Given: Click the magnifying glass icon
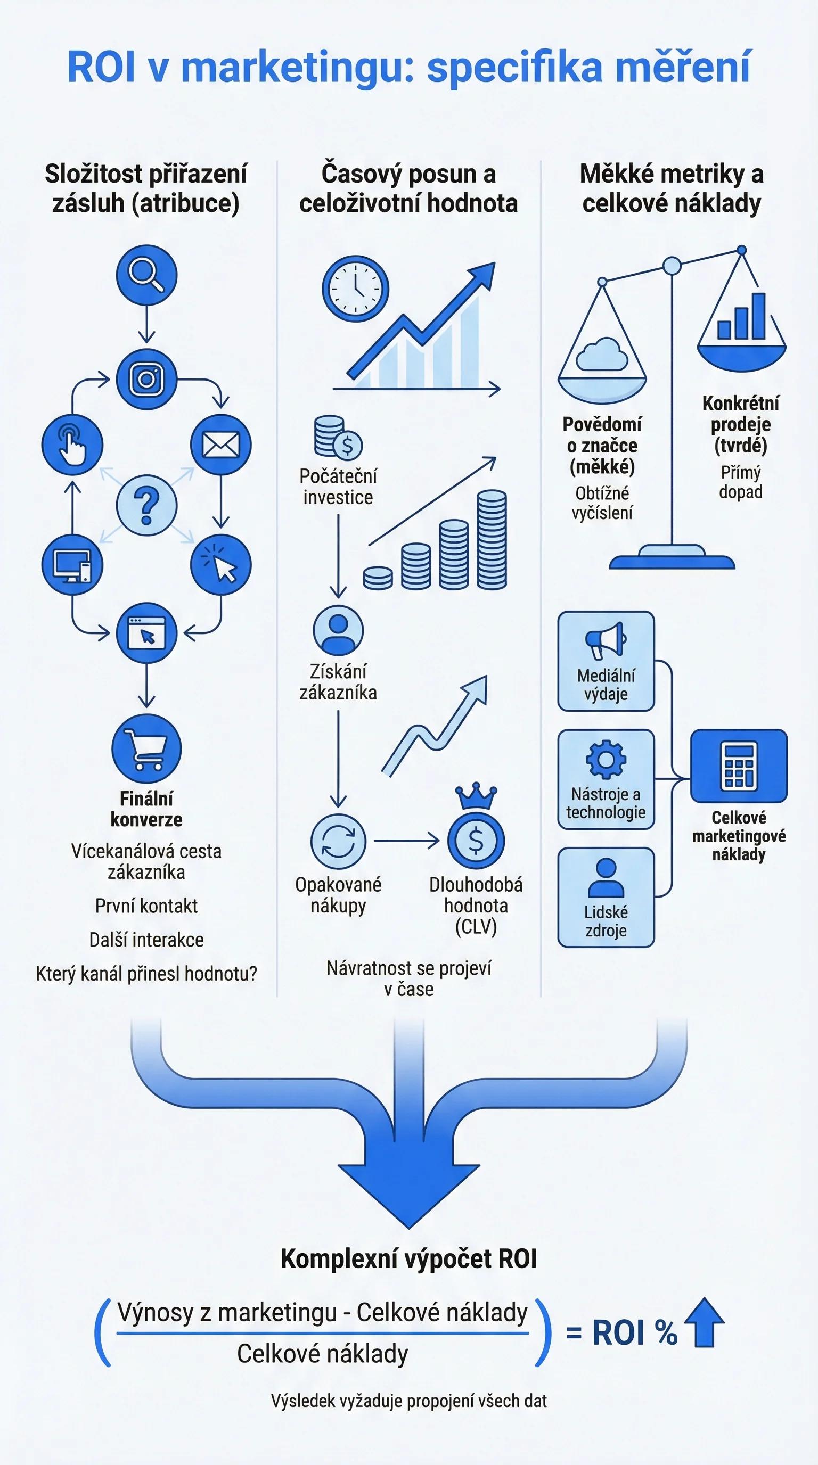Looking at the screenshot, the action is (147, 275).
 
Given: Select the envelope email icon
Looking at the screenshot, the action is (220, 445).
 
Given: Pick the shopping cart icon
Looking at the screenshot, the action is (147, 749).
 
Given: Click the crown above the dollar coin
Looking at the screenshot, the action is (476, 796).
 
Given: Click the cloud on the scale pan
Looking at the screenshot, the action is (602, 355).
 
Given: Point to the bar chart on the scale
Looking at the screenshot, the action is (741, 316).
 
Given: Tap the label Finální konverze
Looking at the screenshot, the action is (147, 809).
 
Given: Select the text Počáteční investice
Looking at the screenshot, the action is (338, 487).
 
